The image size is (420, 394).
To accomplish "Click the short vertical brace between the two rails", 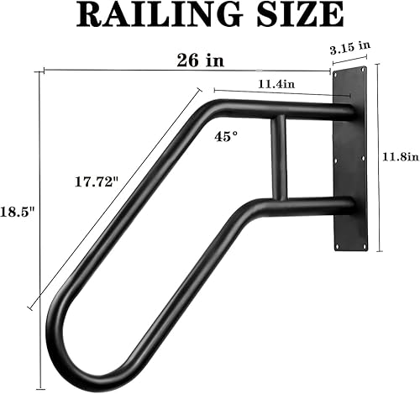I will [x=278, y=155].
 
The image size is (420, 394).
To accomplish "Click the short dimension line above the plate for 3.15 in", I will [x=353, y=63].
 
